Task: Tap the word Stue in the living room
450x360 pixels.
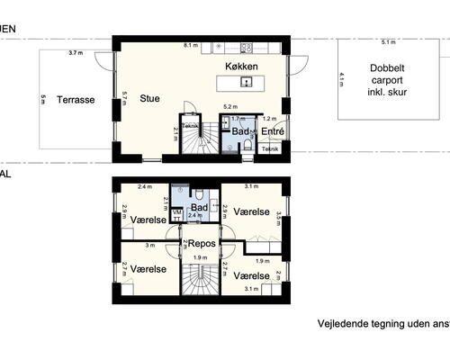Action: click(x=151, y=99)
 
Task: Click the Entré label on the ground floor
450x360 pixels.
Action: click(x=272, y=131)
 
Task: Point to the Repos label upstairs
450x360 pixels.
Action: click(x=200, y=243)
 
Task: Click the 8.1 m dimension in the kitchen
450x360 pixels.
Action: click(x=190, y=44)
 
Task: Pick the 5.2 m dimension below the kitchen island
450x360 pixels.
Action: click(x=229, y=107)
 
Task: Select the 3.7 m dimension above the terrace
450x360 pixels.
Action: click(x=75, y=54)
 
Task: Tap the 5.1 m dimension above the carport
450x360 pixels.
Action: click(x=387, y=42)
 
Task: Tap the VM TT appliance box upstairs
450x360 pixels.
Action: click(x=176, y=212)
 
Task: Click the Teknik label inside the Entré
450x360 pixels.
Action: click(x=270, y=149)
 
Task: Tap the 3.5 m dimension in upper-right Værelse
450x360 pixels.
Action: click(x=279, y=215)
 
